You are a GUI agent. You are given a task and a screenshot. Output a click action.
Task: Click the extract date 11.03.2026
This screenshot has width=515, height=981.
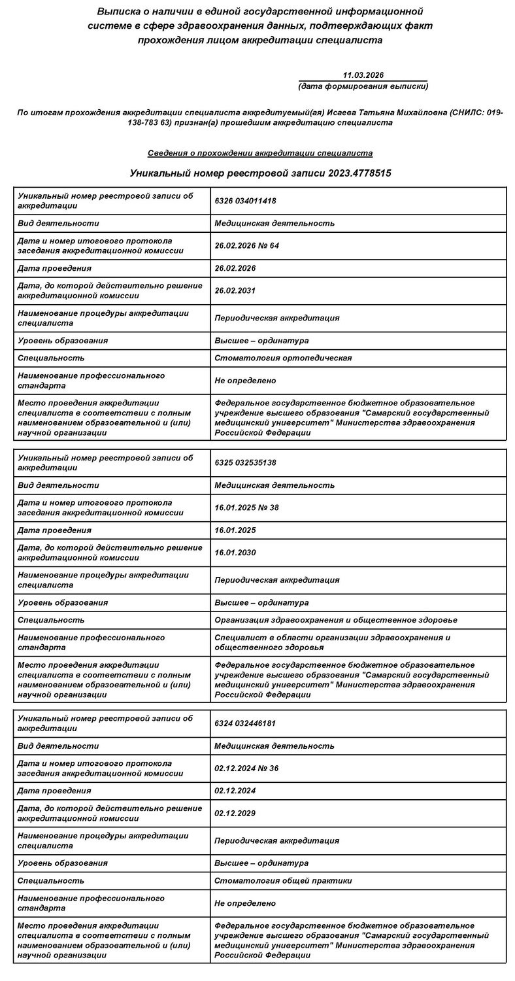[x=363, y=76]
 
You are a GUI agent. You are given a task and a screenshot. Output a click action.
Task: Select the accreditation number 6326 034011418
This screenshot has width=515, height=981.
[x=245, y=201]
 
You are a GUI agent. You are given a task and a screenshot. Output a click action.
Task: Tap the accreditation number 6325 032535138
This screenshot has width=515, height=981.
[x=245, y=462]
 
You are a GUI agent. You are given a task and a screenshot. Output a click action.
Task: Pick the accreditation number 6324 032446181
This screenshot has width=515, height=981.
[x=245, y=723]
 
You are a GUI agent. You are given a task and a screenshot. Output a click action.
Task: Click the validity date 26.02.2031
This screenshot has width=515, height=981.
[x=235, y=291]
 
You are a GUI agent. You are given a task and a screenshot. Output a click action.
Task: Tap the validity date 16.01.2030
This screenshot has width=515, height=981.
[x=235, y=553]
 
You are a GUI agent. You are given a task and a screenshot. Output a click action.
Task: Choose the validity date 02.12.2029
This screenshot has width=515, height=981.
[x=235, y=814]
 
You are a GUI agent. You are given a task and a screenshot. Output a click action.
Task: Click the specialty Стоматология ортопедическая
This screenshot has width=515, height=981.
[x=283, y=358]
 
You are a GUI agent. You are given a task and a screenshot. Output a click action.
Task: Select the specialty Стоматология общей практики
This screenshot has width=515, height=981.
[x=283, y=881]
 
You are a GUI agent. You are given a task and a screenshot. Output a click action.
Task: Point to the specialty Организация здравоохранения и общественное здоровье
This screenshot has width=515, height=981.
[x=335, y=620]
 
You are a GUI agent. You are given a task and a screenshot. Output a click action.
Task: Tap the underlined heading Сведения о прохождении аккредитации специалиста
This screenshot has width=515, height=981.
[x=260, y=153]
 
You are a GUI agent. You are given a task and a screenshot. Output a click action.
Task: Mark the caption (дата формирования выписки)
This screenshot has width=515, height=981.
[x=363, y=86]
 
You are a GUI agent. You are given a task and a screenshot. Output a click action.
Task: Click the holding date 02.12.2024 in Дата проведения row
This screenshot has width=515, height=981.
[x=235, y=791]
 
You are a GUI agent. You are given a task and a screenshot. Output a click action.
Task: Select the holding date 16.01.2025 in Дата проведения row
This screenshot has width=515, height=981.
[x=235, y=530]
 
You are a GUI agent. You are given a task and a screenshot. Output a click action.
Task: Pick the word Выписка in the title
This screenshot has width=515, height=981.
[x=118, y=12]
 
